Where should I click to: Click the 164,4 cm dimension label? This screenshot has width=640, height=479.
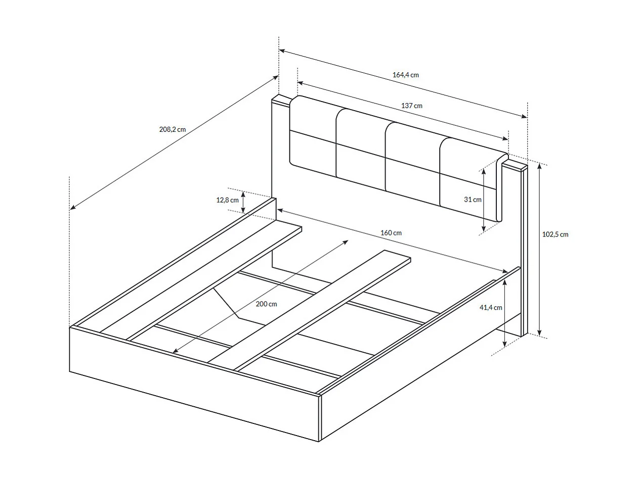(x=405, y=75)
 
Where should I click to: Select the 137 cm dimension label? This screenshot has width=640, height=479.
(x=411, y=106)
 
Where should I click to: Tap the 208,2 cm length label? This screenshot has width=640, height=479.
(x=173, y=129)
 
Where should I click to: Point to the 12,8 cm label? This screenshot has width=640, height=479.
(x=227, y=200)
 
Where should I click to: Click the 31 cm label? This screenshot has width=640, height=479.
(x=473, y=200)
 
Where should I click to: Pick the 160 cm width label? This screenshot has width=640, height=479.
(x=391, y=233)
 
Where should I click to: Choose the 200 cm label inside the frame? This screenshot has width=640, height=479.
(x=266, y=304)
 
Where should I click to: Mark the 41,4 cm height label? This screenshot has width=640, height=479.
(x=491, y=308)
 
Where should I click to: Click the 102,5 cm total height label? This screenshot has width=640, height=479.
(x=555, y=234)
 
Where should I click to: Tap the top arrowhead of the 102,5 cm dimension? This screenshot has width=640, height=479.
(x=540, y=167)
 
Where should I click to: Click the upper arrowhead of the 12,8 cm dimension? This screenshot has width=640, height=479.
(x=243, y=194)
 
